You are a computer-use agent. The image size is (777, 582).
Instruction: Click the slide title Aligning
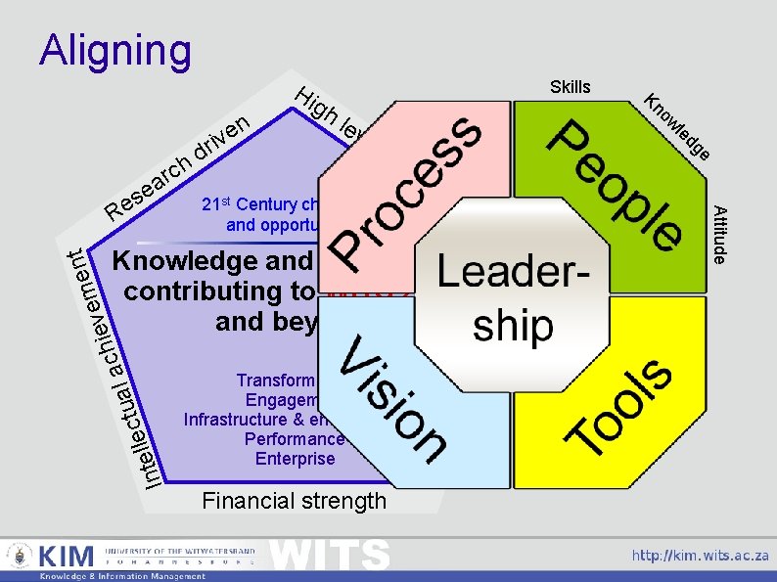(x=115, y=51)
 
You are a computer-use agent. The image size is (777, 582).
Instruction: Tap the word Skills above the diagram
(x=571, y=87)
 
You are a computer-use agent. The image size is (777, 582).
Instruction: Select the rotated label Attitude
(x=719, y=235)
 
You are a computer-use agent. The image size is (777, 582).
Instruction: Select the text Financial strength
(x=294, y=501)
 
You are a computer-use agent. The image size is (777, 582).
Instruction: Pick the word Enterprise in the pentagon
(x=295, y=459)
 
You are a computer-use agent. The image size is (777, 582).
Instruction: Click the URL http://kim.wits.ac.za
(x=700, y=555)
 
